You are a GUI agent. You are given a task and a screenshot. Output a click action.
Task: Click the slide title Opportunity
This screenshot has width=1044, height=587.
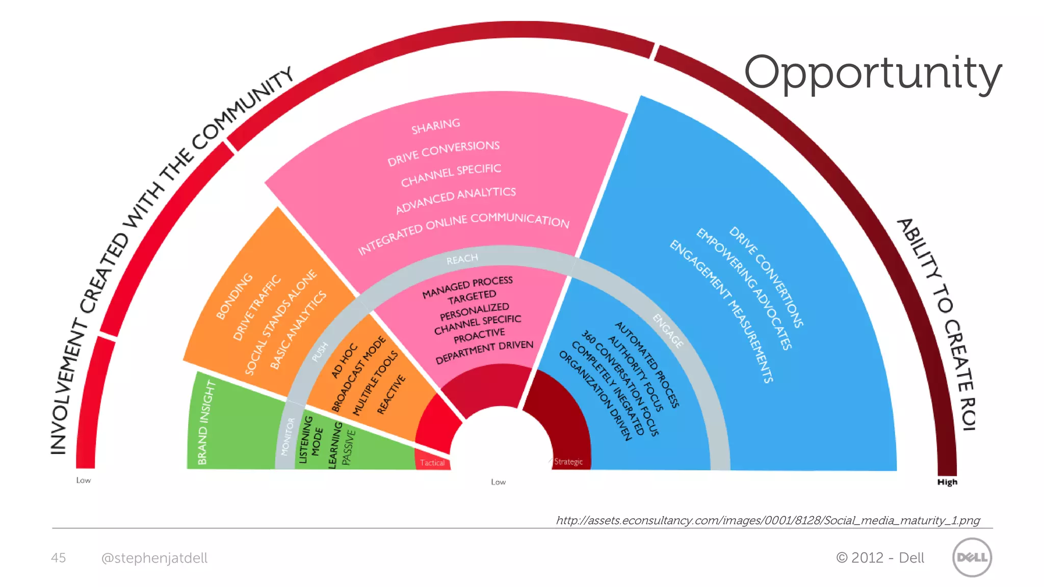pos(872,72)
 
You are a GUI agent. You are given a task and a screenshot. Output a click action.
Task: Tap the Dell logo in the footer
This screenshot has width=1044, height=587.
pos(972,557)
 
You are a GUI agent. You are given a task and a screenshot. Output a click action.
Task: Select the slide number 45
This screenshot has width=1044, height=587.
pos(58,558)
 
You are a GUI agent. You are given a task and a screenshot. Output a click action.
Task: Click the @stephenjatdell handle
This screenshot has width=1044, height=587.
pos(154,558)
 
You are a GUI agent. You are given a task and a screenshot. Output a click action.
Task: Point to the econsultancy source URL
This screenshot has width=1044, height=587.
pos(768,520)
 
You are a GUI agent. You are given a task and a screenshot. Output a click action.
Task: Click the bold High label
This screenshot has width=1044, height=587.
pos(947,482)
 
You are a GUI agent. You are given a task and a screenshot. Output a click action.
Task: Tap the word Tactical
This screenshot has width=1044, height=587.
pos(432,463)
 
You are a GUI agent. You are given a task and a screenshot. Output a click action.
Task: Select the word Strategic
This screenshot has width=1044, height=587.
pos(568,462)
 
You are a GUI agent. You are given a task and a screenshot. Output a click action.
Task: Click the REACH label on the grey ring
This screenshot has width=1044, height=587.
pos(462,259)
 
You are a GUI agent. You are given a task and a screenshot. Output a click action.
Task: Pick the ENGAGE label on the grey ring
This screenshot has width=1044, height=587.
pos(668,331)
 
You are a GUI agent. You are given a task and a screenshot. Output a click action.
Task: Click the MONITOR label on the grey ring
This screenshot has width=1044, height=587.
pos(288,437)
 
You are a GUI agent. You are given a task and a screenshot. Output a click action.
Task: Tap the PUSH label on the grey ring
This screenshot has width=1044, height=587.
pos(320,352)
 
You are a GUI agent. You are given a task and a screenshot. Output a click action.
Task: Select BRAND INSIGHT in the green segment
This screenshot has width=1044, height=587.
pos(206,422)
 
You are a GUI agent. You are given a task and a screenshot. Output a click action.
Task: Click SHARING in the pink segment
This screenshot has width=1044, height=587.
pos(435,126)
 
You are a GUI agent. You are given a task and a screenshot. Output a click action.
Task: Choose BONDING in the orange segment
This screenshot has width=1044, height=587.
pos(234,296)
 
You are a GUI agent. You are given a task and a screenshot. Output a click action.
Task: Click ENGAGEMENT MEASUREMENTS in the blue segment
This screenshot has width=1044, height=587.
pos(721,310)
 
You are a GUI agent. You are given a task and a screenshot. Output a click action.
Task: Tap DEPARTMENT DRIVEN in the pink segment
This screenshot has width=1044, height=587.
pos(484,352)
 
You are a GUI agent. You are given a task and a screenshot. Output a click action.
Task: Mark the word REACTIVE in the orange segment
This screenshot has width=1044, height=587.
pos(391,394)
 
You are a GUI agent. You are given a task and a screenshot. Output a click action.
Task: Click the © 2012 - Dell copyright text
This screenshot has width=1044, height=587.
pos(880,558)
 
